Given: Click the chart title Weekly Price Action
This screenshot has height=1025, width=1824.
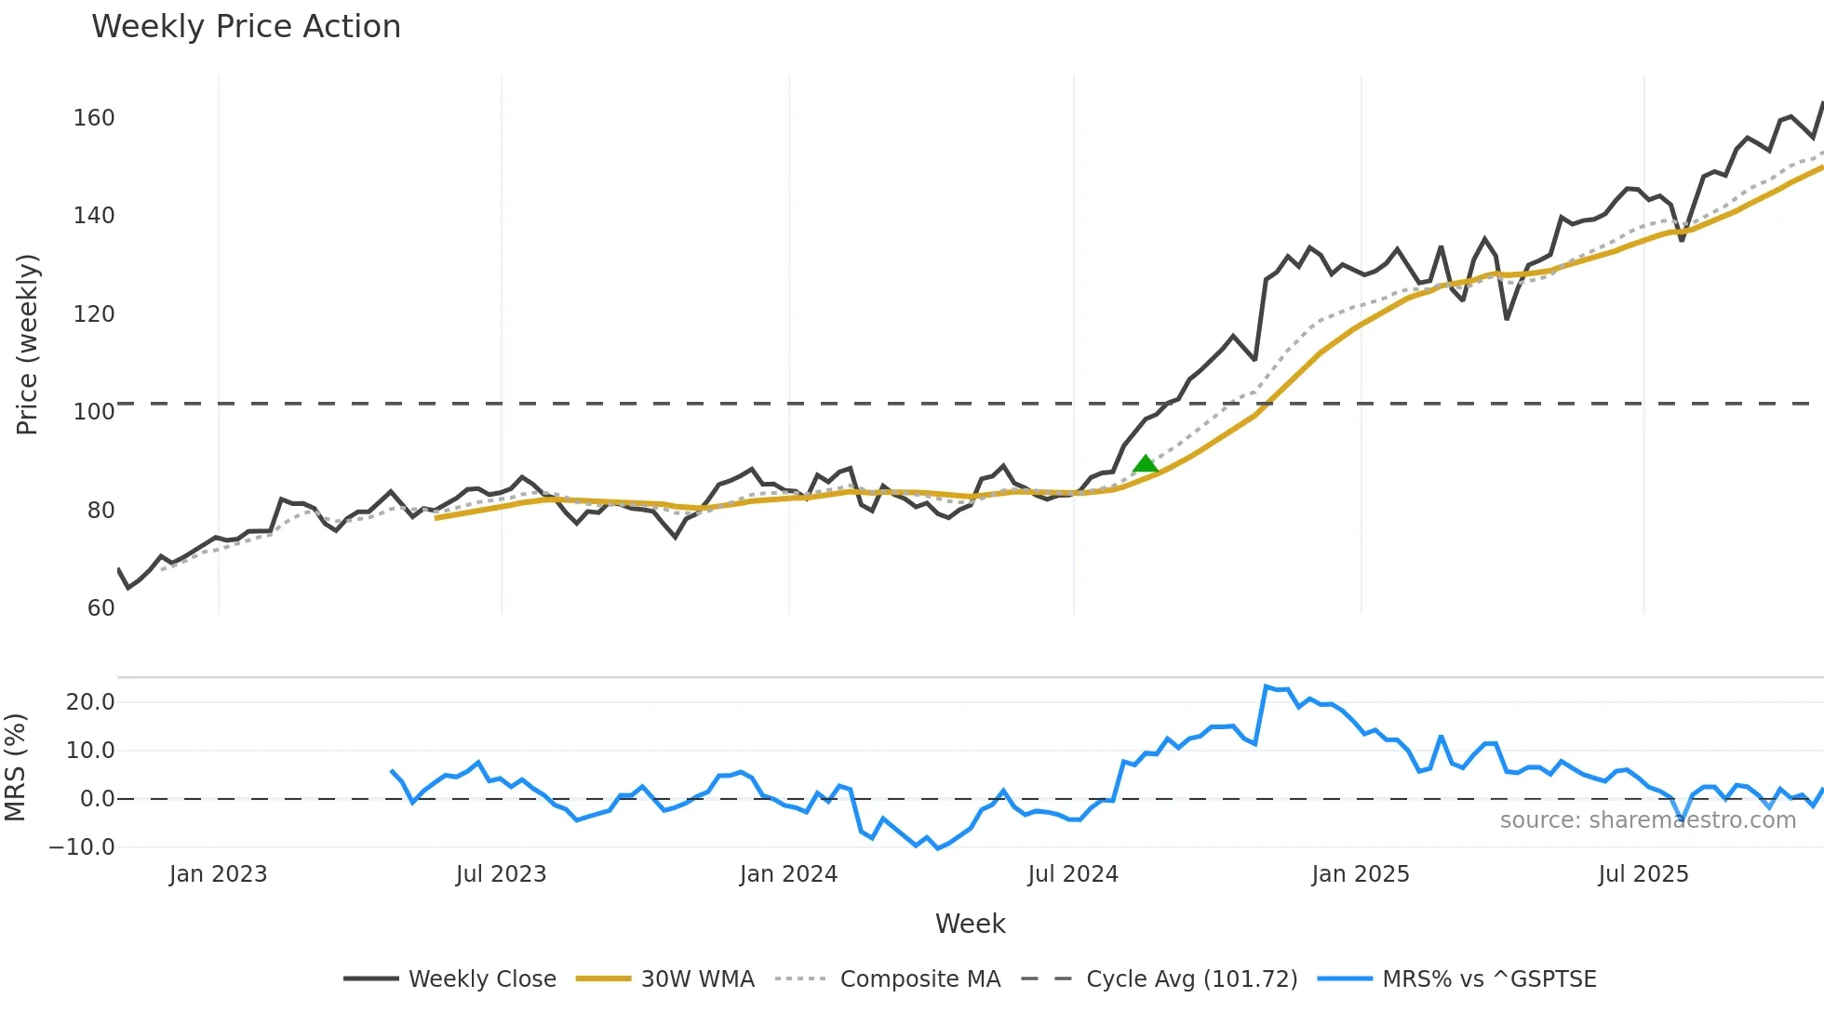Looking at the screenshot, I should [246, 27].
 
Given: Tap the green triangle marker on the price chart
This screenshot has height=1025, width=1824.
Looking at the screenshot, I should [1146, 463].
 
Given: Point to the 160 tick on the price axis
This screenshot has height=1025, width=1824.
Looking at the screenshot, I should [94, 118].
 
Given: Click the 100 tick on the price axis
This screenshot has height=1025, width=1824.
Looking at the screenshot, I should [94, 412].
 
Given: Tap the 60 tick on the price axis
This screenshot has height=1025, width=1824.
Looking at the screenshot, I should [101, 608].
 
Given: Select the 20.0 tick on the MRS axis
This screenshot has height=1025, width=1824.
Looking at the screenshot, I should [90, 702].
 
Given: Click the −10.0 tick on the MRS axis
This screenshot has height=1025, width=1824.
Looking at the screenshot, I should [82, 847].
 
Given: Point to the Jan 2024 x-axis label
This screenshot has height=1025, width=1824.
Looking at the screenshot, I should [788, 874].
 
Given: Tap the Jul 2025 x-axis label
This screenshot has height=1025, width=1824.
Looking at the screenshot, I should [1643, 874].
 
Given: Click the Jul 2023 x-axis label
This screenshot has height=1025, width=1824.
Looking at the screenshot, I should [501, 874].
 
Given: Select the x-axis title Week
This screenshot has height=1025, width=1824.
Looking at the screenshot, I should [970, 924].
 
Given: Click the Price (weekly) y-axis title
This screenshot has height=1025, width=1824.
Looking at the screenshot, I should [27, 344].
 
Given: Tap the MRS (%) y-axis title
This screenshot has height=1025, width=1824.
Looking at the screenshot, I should [15, 767].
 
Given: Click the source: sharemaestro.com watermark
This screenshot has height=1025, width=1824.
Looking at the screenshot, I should [1647, 820].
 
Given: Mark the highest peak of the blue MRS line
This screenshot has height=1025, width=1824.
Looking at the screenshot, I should [1267, 686].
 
